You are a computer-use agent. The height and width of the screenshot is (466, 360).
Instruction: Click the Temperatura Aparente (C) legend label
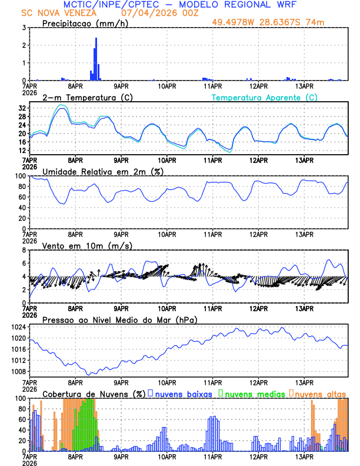tap(265, 97)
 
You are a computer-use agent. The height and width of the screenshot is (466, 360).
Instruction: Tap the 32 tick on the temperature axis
tap(23, 108)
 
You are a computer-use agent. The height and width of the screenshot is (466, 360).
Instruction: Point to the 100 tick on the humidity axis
tap(21, 176)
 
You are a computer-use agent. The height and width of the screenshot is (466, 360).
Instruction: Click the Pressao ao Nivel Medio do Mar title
tap(119, 319)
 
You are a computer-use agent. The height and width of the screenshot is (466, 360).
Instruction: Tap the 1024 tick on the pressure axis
tap(19, 327)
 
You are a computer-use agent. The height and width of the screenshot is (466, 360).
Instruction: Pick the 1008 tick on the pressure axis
tap(19, 371)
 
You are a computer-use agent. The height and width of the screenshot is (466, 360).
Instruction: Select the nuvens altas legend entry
tap(319, 393)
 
